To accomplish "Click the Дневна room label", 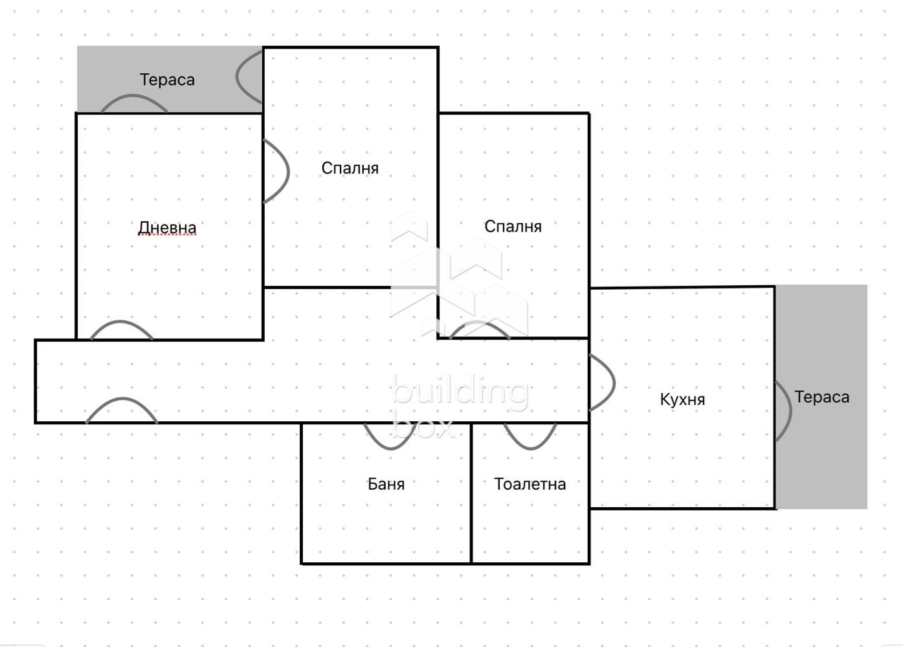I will pyautogui.click(x=167, y=228).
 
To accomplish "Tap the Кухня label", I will pyautogui.click(x=682, y=399).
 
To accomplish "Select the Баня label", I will pyautogui.click(x=386, y=484).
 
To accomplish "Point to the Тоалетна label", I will pyautogui.click(x=530, y=484).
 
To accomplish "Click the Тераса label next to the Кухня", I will pyautogui.click(x=821, y=397).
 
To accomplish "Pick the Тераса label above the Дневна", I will pyautogui.click(x=167, y=80).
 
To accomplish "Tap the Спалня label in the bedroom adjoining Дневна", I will pyautogui.click(x=350, y=168).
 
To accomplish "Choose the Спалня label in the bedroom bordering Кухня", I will pyautogui.click(x=513, y=226).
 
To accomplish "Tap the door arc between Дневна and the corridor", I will pyautogui.click(x=122, y=328).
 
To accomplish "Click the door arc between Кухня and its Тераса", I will pyautogui.click(x=785, y=411).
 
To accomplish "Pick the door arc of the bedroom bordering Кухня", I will pyautogui.click(x=480, y=328).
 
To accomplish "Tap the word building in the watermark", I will pyautogui.click(x=460, y=392).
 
